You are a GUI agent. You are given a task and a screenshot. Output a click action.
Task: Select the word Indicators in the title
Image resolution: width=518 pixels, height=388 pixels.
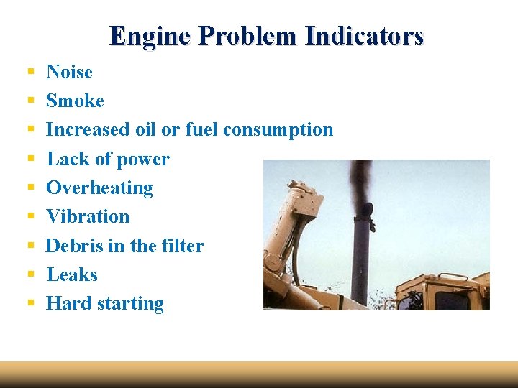tap(364, 36)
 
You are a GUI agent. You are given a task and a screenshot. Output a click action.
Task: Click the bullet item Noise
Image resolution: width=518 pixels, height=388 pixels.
tap(69, 72)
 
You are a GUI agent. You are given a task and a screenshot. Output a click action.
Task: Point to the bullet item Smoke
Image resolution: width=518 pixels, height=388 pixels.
tap(75, 101)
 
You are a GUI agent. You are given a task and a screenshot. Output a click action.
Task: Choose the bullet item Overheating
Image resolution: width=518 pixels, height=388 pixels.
tap(99, 188)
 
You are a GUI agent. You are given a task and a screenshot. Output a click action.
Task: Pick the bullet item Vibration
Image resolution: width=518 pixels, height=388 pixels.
tap(88, 216)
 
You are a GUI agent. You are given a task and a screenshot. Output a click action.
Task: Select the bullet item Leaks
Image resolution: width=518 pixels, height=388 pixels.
tap(72, 274)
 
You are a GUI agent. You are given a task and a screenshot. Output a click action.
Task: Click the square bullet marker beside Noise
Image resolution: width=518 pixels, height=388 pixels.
tap(31, 72)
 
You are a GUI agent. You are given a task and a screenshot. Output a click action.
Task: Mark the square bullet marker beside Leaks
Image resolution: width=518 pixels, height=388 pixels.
tap(31, 274)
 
